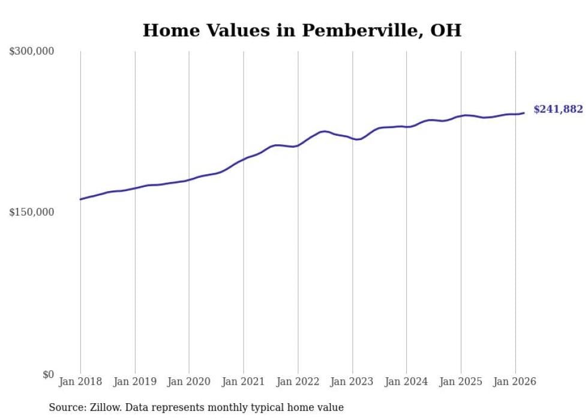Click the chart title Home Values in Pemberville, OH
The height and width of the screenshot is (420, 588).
coord(302,30)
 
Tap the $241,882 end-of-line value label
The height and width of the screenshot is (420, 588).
coord(558,109)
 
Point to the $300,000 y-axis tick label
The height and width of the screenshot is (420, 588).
coord(32,52)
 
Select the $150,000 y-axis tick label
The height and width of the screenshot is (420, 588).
coord(32,212)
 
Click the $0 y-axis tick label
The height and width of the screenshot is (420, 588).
coord(48,374)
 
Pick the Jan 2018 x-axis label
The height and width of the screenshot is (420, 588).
coord(80,382)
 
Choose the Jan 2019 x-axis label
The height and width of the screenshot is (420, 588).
coord(135,382)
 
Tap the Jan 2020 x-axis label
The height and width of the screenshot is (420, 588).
coord(189,382)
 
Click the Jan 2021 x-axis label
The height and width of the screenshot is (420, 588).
coord(244,382)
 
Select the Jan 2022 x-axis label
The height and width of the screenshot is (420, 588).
coord(298,382)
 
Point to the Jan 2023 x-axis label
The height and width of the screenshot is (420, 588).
coord(352,382)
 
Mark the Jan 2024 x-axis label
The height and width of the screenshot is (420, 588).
coord(406,382)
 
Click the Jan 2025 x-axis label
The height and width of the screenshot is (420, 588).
coord(461,382)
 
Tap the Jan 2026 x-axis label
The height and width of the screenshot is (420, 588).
coord(515,382)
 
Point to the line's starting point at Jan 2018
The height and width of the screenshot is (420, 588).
coord(80,199)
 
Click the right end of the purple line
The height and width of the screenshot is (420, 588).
coord(524,113)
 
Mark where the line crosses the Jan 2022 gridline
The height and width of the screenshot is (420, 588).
coord(298,145)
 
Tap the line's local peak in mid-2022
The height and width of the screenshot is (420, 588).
coord(325,131)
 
